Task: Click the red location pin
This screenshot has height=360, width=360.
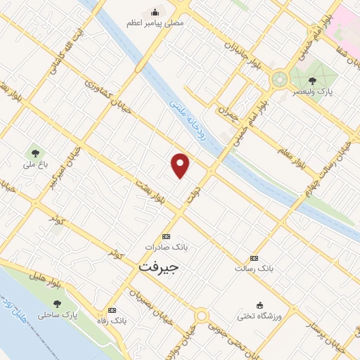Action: pyautogui.click(x=181, y=165)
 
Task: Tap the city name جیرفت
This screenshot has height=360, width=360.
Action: pyautogui.click(x=159, y=268)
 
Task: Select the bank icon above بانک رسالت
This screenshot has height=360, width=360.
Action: pyautogui.click(x=254, y=258)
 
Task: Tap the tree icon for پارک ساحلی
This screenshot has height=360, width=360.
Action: pyautogui.click(x=58, y=304)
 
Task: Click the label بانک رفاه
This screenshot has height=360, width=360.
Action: pyautogui.click(x=112, y=321)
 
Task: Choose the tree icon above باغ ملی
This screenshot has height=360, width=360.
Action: pyautogui.click(x=34, y=153)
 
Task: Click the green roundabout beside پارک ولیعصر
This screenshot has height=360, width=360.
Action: pyautogui.click(x=280, y=78)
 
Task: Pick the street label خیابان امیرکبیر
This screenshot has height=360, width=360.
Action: pyautogui.click(x=63, y=173)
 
